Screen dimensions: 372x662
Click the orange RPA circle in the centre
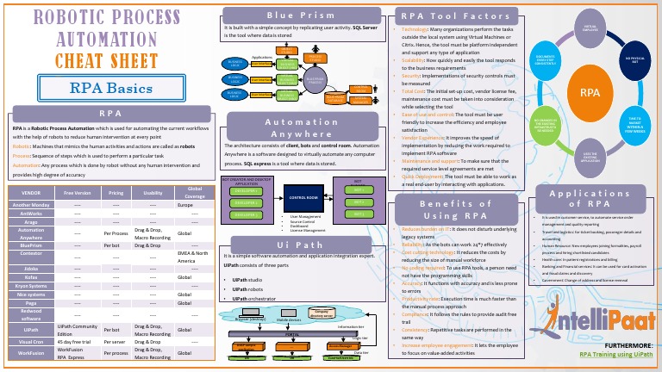pos(590,91)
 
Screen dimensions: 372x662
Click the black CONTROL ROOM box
pos(303,196)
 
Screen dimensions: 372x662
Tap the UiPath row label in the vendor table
pos(30,329)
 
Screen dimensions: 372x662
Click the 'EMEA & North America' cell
pos(194,257)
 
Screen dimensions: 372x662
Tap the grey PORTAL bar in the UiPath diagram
pos(292,332)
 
